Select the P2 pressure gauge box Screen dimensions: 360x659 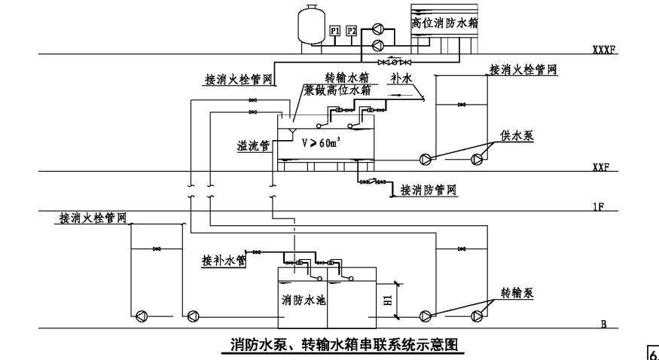[352, 31]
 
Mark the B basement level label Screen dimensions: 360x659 [604, 324]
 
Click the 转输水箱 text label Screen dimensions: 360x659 [347, 78]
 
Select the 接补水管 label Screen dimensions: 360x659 [224, 261]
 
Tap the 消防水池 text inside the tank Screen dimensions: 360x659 [304, 300]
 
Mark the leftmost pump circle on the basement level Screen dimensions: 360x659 [141, 315]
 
